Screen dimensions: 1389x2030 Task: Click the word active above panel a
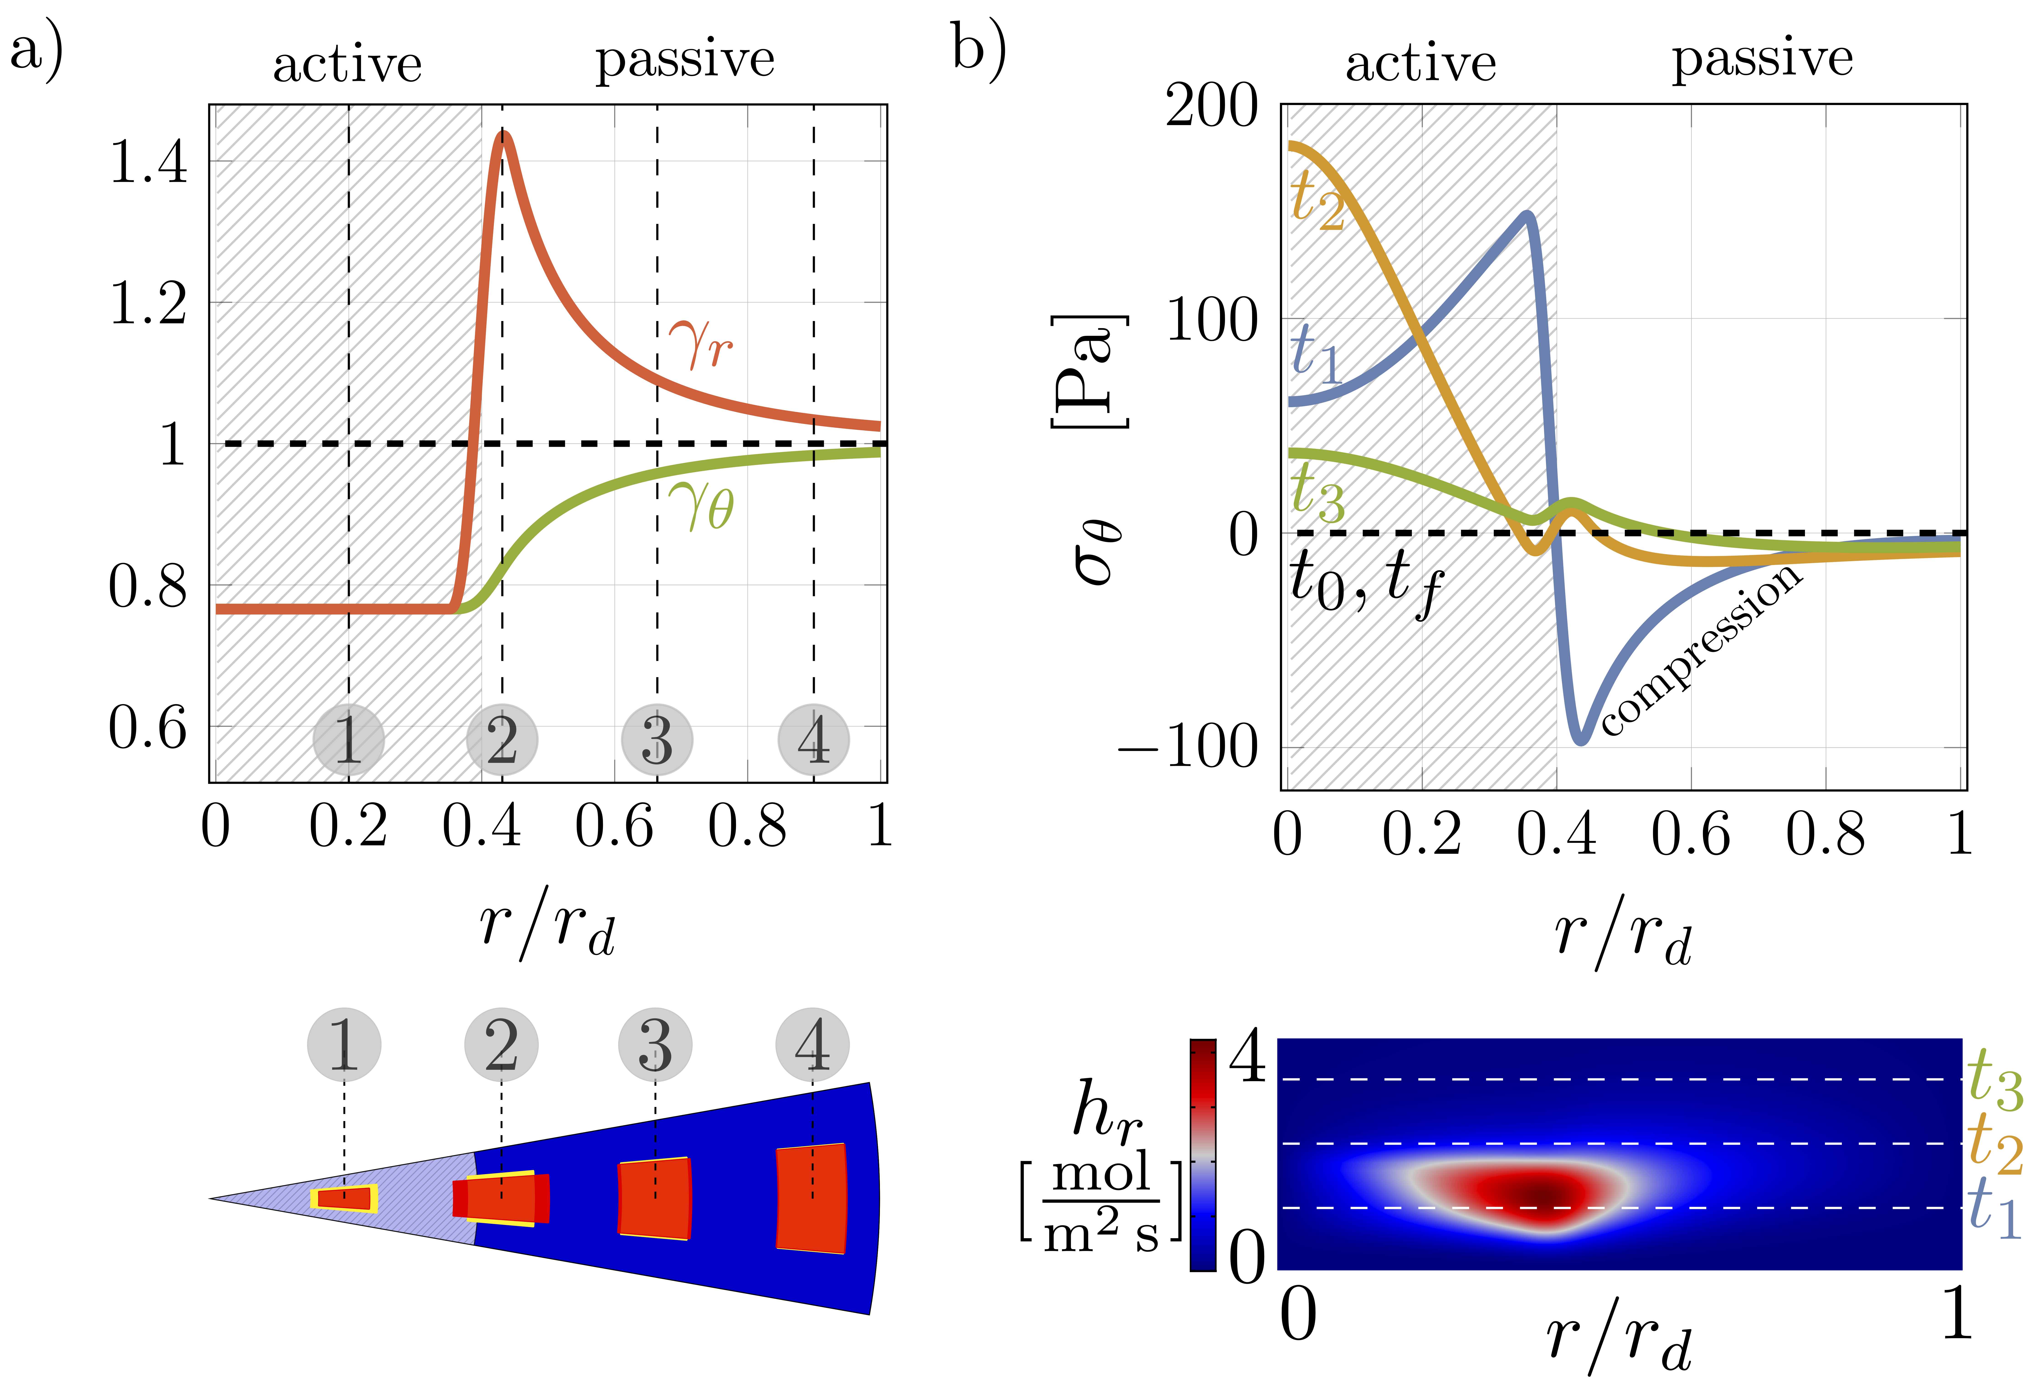pos(348,65)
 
